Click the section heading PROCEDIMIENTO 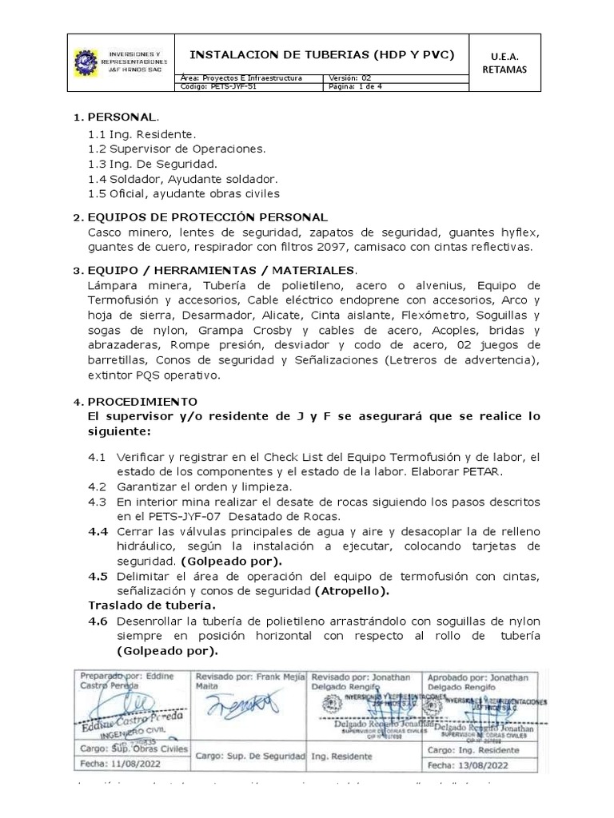coord(142,401)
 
